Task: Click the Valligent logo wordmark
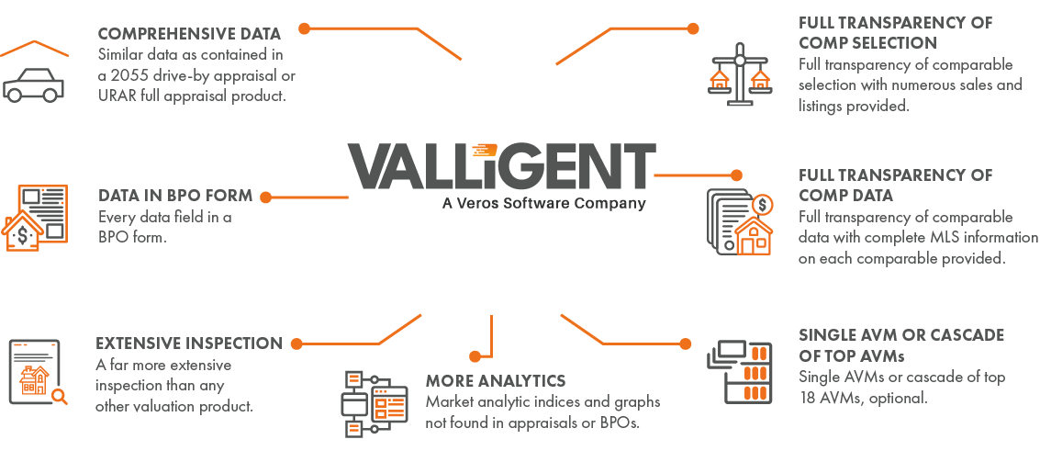click(502, 166)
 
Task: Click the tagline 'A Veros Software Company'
click(543, 203)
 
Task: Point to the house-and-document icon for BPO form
click(37, 218)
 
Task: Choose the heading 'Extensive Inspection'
click(189, 344)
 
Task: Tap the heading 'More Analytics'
click(495, 380)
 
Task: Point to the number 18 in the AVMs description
click(810, 398)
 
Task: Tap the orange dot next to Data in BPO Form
click(264, 197)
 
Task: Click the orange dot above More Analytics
click(475, 355)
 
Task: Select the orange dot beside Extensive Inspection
click(296, 344)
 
